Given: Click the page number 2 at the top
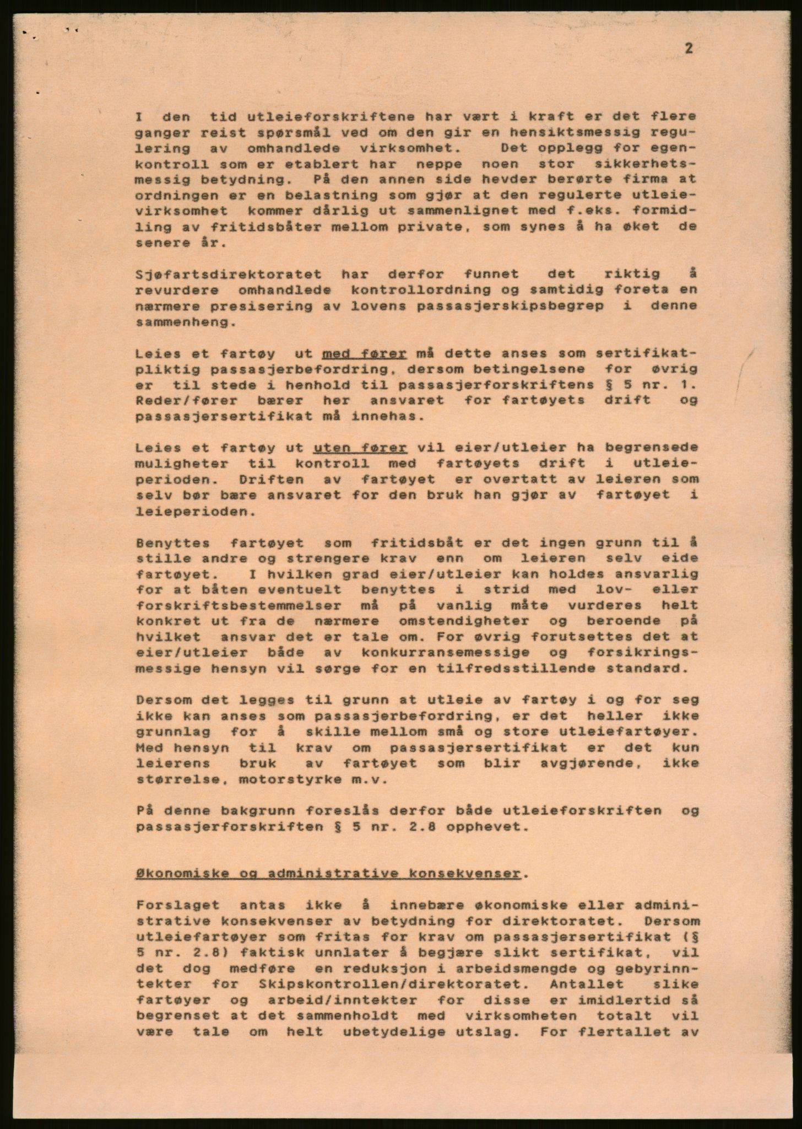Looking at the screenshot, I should (x=689, y=49).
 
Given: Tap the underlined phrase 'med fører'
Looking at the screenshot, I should (x=365, y=353).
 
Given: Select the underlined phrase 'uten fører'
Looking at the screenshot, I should (x=360, y=447).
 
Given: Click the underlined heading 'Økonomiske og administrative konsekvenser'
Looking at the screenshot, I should (x=328, y=874).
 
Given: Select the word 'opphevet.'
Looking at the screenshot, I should (x=496, y=827).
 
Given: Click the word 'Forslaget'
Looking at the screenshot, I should (x=177, y=905).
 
